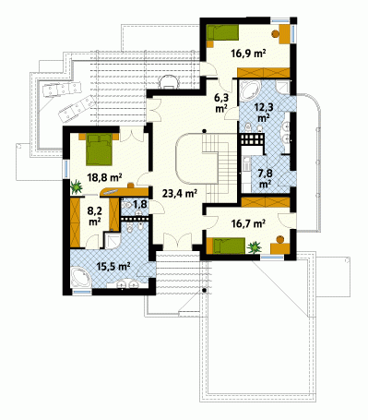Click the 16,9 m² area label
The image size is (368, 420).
pyautogui.click(x=248, y=54)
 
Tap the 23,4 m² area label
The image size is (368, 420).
pyautogui.click(x=179, y=193)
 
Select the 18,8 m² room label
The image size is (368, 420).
pyautogui.click(x=104, y=177)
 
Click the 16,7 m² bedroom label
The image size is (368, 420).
pyautogui.click(x=248, y=223)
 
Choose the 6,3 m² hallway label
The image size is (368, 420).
pyautogui.click(x=221, y=102)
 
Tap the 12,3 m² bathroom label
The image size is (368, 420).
pyautogui.click(x=264, y=112)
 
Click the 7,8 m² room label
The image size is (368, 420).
pyautogui.click(x=265, y=179)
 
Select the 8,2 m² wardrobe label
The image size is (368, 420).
pyautogui.click(x=94, y=215)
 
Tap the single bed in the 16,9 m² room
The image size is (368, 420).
pyautogui.click(x=222, y=32)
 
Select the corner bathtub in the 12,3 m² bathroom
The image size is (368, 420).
pyautogui.click(x=250, y=90)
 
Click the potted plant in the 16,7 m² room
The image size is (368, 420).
pyautogui.click(x=255, y=247)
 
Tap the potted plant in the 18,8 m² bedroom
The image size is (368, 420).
pyautogui.click(x=76, y=186)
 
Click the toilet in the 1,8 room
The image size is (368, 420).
pyautogui.click(x=126, y=205)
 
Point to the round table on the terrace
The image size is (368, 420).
pyautogui.click(x=168, y=82)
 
